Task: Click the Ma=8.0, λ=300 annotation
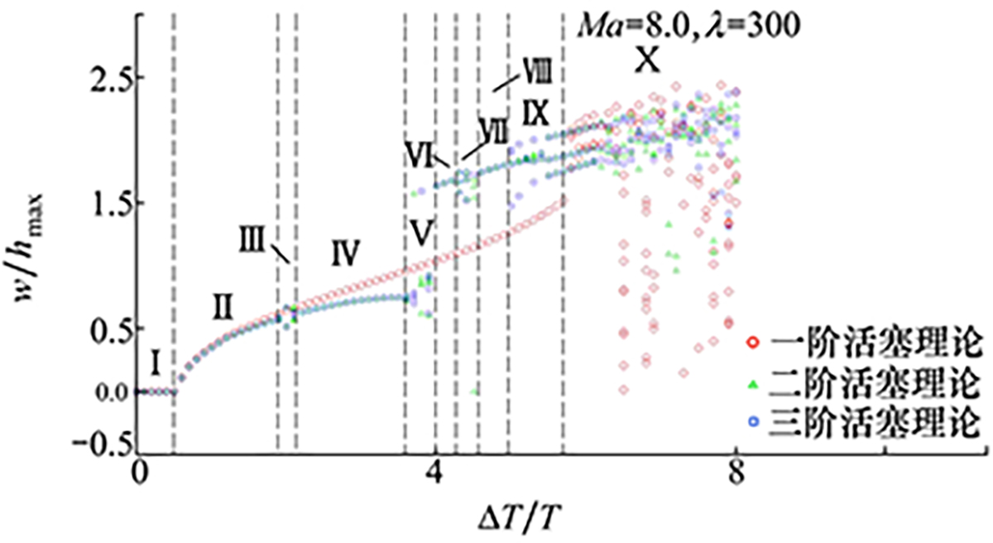tap(688, 26)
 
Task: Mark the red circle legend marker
tap(753, 342)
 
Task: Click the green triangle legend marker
tap(753, 385)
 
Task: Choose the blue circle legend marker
tap(753, 421)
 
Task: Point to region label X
tap(648, 60)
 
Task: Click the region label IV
tap(345, 253)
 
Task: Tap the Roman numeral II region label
tap(222, 307)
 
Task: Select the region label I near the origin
tap(155, 363)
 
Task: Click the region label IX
tap(535, 113)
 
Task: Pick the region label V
tap(420, 232)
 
